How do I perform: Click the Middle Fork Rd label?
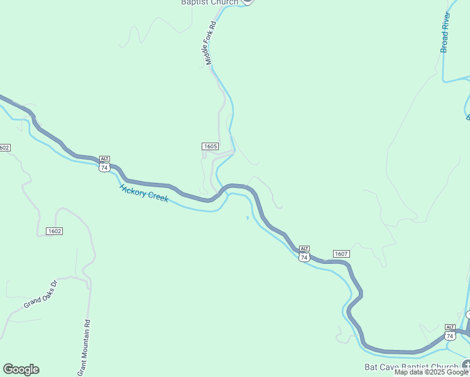point(210,43)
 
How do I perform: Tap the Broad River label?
point(445,31)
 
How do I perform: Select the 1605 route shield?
point(210,146)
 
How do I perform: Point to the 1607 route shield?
point(341,254)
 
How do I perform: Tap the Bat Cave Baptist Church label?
point(412,367)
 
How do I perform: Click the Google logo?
point(21,369)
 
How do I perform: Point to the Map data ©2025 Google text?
point(431,373)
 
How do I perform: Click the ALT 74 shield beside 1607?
point(304,254)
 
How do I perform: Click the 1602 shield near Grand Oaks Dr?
point(54,231)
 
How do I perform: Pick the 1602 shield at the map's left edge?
point(4,148)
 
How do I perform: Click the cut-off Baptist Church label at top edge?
point(210,3)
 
